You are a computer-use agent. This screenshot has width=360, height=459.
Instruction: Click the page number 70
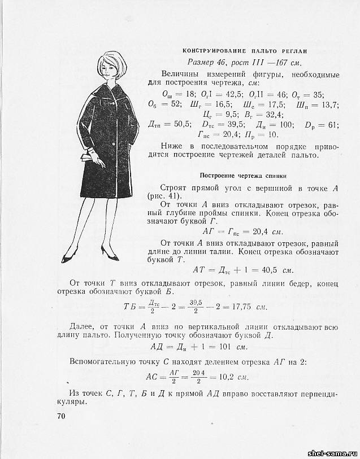tap(62, 417)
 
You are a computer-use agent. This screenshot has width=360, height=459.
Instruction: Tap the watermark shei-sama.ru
tap(332, 453)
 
